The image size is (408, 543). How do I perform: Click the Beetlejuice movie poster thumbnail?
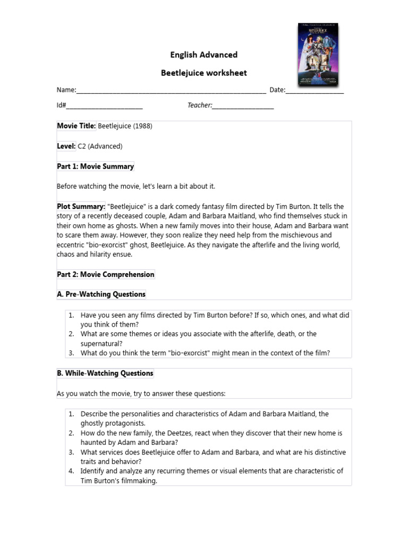(x=318, y=54)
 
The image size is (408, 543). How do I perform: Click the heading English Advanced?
(x=203, y=55)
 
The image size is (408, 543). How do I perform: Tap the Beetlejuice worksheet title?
(x=203, y=73)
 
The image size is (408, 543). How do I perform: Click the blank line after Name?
(x=171, y=91)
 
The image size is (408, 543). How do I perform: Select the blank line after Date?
(x=314, y=91)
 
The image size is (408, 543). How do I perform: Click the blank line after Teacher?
(x=243, y=106)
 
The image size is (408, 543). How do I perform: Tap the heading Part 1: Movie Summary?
(x=96, y=167)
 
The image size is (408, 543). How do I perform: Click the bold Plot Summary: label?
(x=81, y=206)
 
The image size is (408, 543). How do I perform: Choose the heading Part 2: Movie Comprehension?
(x=106, y=275)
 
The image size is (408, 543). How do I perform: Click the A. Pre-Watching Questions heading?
(x=101, y=294)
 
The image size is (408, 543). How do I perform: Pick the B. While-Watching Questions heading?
(x=105, y=373)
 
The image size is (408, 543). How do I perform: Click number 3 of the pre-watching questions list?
(x=71, y=353)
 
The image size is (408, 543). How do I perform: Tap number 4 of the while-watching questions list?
(x=71, y=471)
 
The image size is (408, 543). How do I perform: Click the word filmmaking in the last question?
(x=140, y=481)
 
